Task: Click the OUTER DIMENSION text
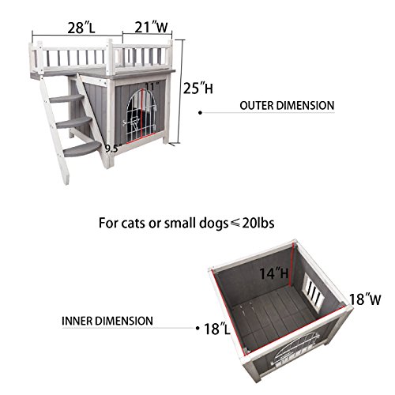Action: coord(285,104)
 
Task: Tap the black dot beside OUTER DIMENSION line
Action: coord(203,113)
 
